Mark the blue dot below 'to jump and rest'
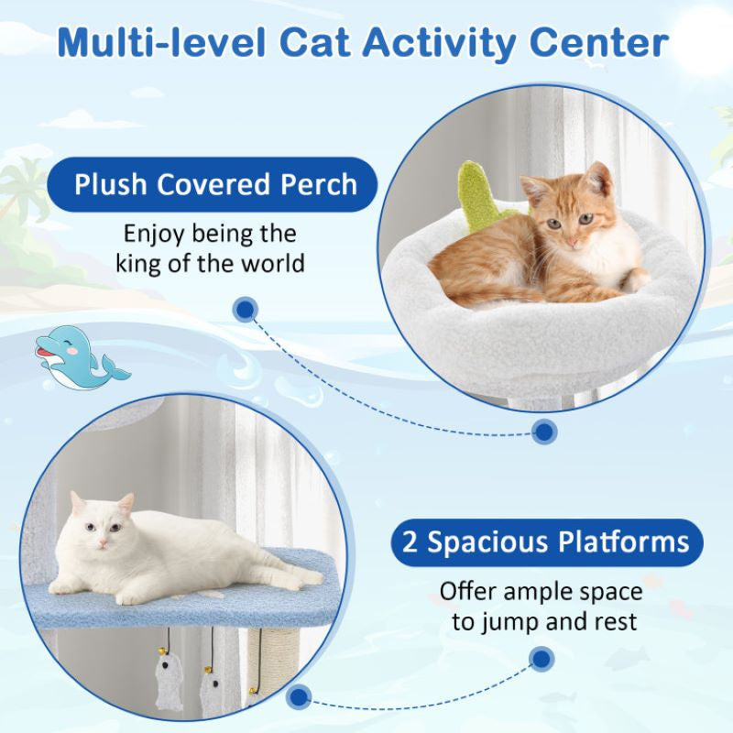pos(542,658)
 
